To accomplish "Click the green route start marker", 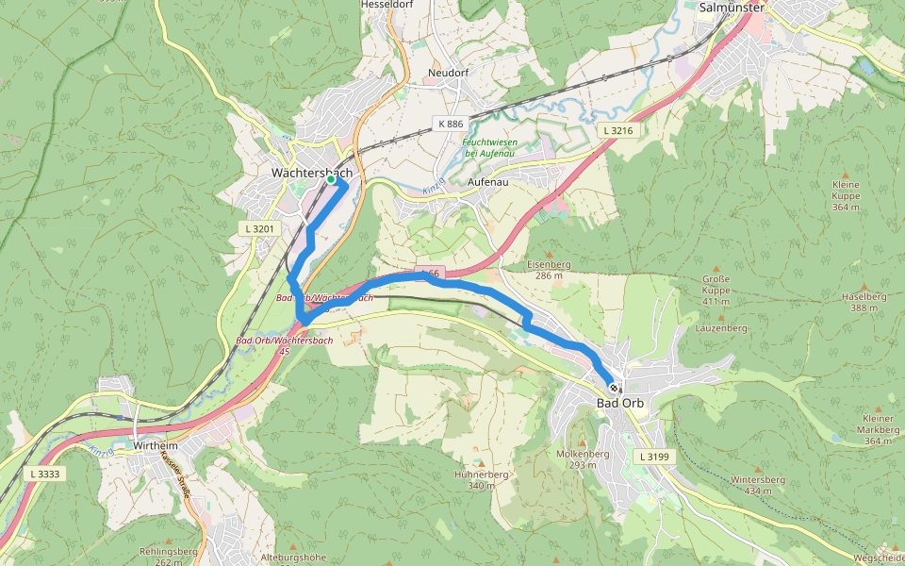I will coord(331,179).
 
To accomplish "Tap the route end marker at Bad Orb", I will coord(614,387).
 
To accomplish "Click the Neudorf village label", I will coord(448,73).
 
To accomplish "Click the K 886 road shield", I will coord(451,125).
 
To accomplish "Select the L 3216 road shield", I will coord(616,130).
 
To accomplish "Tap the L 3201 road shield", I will coord(258,229).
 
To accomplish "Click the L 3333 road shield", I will coord(45,473).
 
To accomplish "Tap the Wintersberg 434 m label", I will coord(758,485).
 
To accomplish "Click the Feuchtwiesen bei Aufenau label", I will coord(490,147).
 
